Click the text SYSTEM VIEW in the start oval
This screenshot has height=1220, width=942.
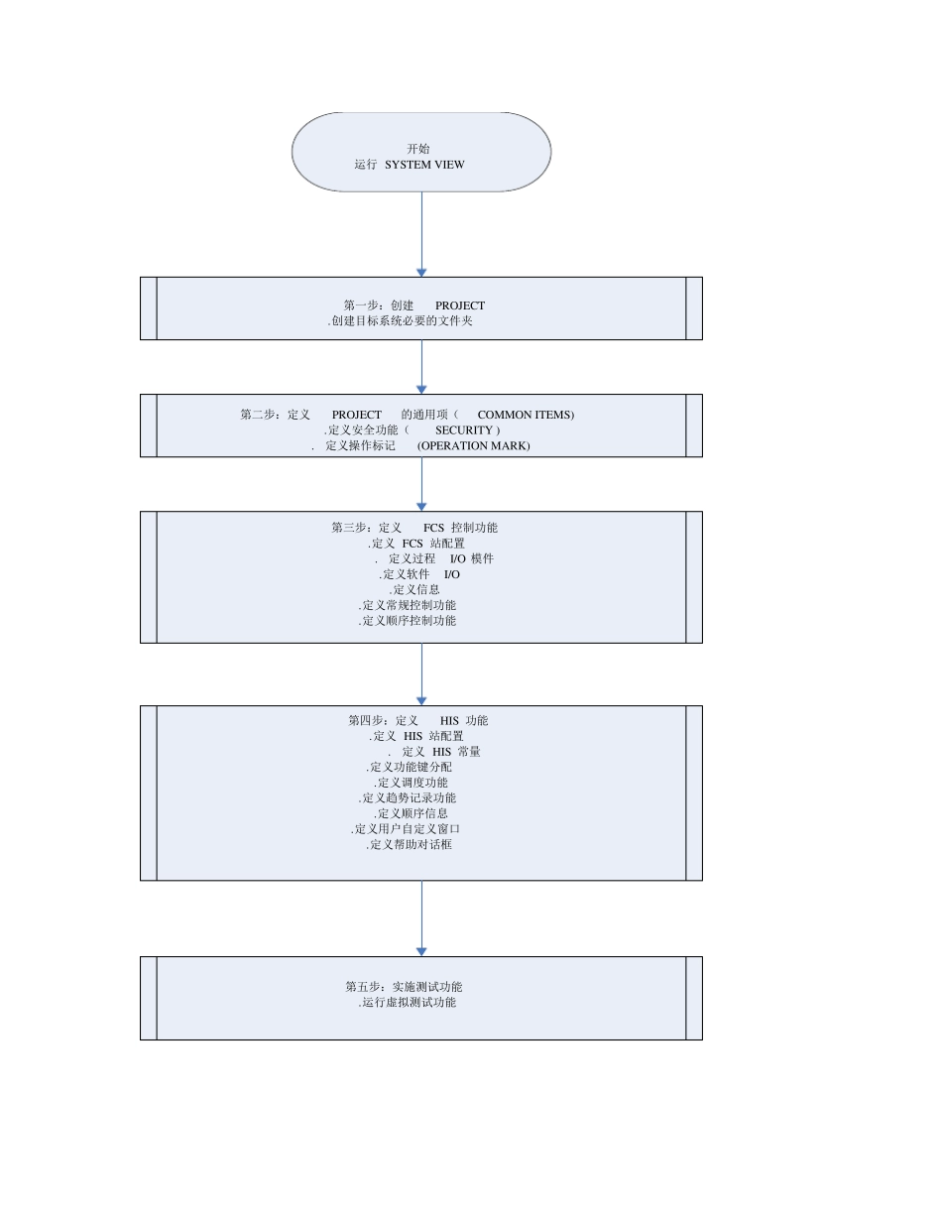424,165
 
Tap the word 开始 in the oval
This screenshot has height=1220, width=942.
418,149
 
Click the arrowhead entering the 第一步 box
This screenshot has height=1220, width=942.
421,272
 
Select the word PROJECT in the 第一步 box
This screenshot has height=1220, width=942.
459,305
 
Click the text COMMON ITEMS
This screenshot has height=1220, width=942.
525,415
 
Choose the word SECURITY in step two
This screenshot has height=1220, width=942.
464,430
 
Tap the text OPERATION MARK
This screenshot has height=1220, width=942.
474,446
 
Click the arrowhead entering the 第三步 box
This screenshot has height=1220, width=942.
421,506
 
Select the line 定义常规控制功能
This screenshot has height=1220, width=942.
408,605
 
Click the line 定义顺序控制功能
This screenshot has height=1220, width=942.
408,621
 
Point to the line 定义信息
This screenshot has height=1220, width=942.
415,589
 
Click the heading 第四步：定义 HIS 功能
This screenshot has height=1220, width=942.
417,721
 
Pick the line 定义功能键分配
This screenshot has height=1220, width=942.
410,767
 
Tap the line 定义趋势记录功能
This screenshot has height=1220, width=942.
408,797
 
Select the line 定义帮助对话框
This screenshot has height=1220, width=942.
410,844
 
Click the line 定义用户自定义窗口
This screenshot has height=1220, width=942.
406,828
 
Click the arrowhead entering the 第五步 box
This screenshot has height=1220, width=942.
421,951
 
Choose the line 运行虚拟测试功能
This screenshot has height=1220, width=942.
408,1003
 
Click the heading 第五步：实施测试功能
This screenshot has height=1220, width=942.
404,987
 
